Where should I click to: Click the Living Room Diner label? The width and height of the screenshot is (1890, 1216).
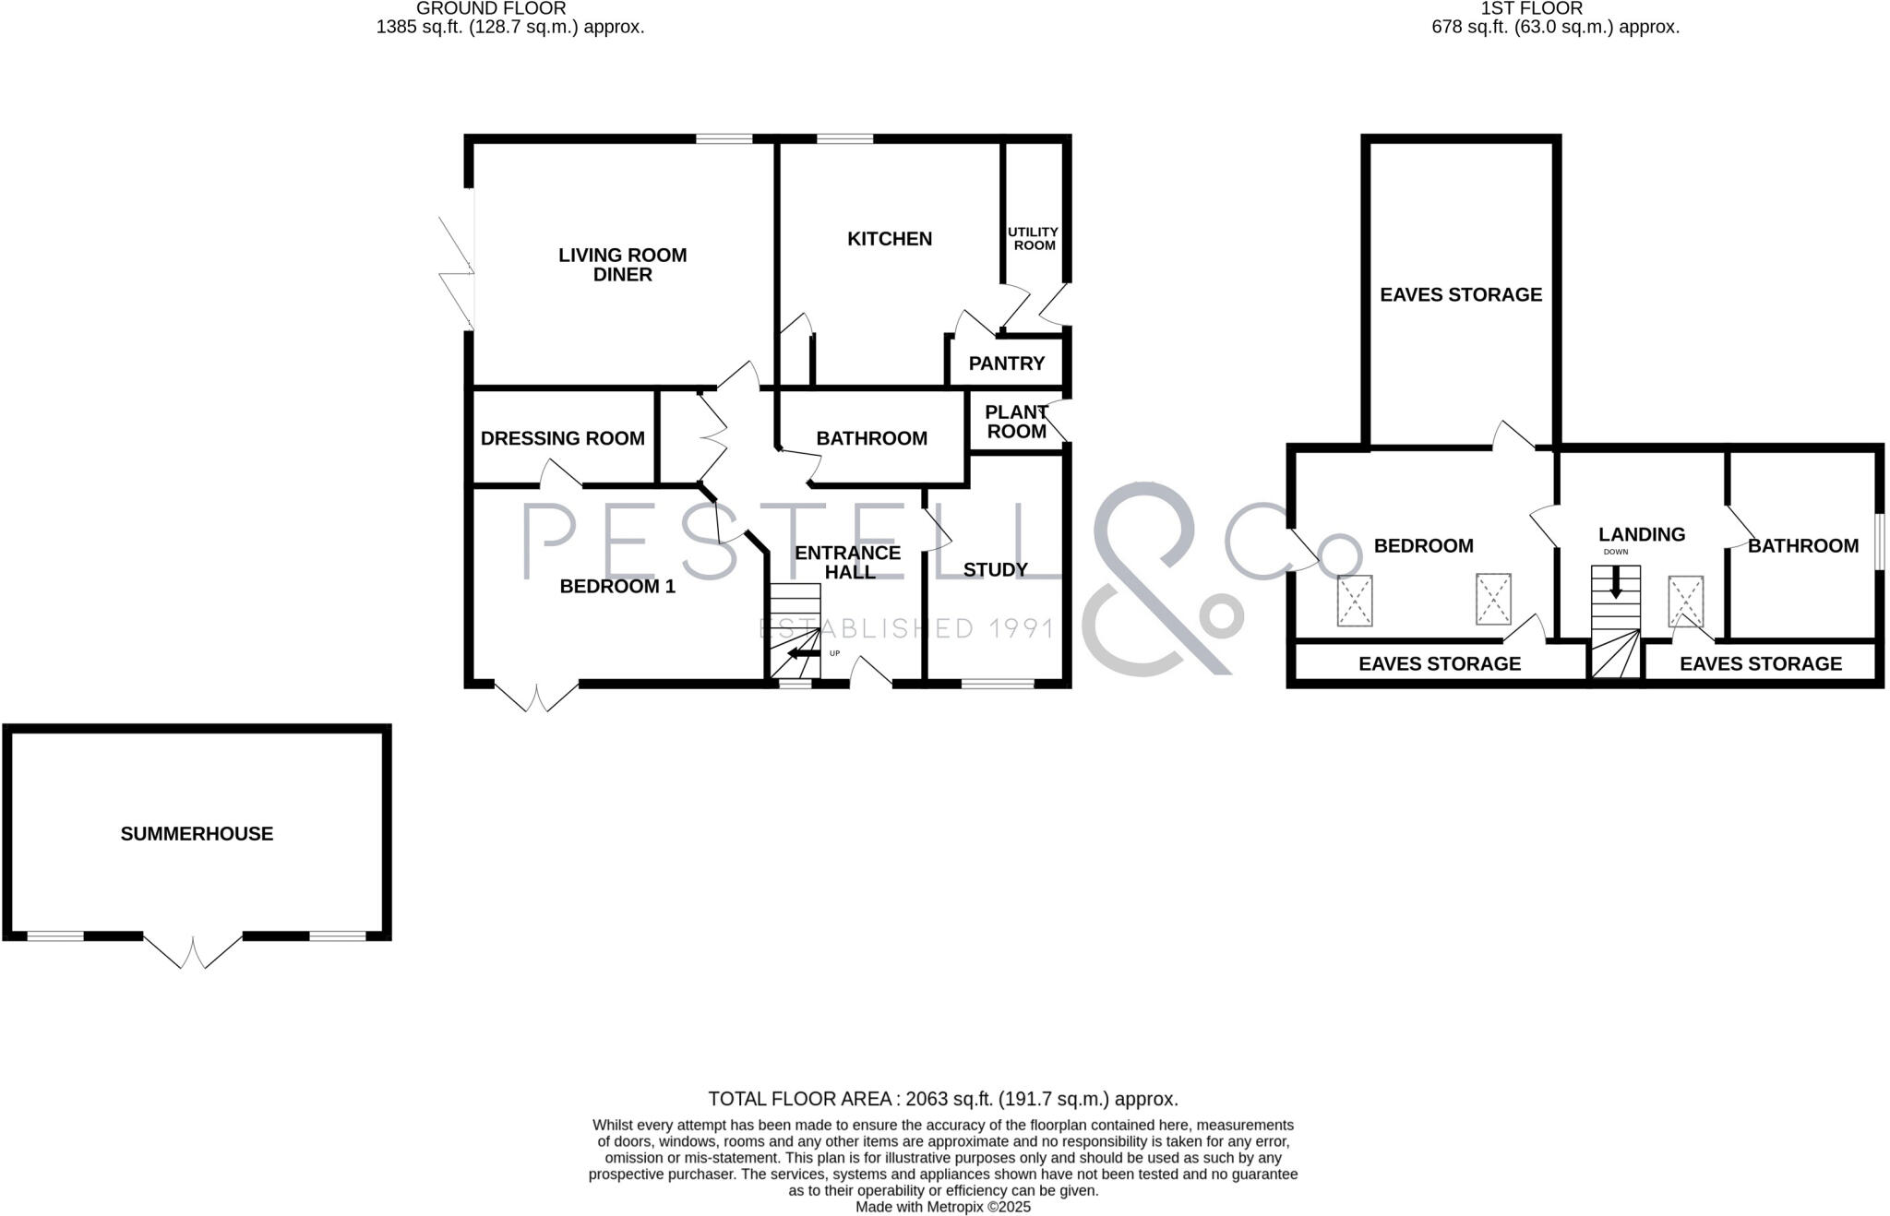click(622, 265)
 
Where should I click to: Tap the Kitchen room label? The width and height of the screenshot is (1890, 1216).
click(890, 239)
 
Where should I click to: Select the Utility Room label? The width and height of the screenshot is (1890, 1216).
click(1033, 239)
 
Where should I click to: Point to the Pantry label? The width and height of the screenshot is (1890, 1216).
click(1006, 364)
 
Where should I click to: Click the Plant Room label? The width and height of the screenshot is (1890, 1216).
click(1015, 422)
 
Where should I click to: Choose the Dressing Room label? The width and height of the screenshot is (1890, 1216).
click(562, 438)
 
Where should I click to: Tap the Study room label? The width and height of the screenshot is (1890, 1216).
click(995, 570)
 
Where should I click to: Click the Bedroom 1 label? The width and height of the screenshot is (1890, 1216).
click(617, 587)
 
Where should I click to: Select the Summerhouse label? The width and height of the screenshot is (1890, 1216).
click(197, 834)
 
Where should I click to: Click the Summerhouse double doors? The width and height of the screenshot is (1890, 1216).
click(193, 950)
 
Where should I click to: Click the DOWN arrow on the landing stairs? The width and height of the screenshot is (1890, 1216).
click(1615, 582)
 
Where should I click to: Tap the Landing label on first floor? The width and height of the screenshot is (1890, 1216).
click(1642, 534)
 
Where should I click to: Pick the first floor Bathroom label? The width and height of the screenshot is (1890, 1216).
click(1802, 546)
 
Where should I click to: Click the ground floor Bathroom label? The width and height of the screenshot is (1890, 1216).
click(871, 438)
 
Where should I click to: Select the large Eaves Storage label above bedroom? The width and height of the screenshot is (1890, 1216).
click(1461, 294)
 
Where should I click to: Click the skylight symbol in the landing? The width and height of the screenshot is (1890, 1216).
click(1685, 602)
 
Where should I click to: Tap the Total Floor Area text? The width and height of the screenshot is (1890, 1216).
click(942, 1099)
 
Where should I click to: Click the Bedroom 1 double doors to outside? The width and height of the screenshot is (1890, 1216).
click(537, 697)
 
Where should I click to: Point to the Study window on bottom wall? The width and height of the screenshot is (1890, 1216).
click(998, 684)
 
